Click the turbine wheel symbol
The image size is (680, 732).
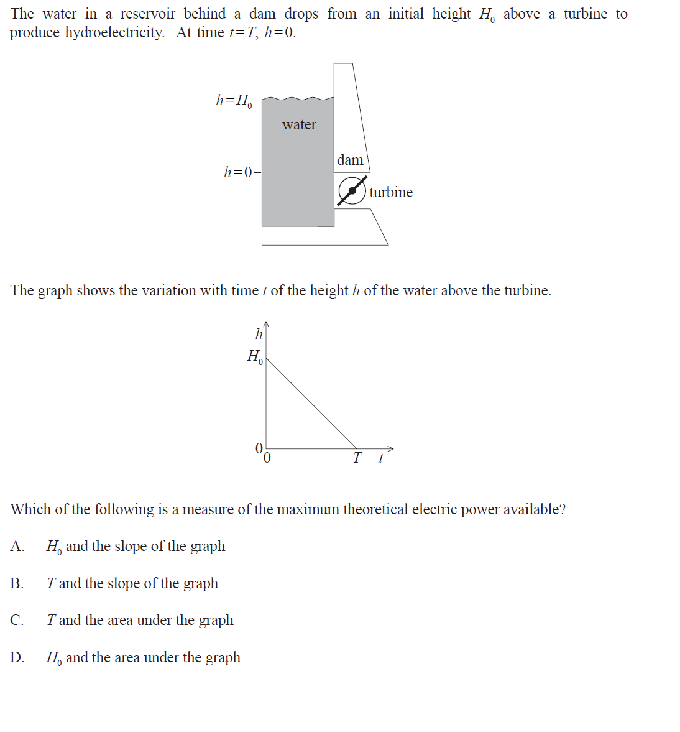click(x=352, y=191)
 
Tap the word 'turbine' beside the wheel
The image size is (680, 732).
click(x=390, y=192)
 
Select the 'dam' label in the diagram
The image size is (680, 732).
click(x=350, y=160)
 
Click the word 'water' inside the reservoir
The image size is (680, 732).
click(x=299, y=125)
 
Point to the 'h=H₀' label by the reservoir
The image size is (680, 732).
click(x=234, y=100)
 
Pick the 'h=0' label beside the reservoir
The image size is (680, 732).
click(x=239, y=172)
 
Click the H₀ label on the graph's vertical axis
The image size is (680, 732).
click(x=255, y=357)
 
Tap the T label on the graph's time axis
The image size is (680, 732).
click(x=357, y=458)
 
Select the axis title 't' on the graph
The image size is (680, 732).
click(x=380, y=458)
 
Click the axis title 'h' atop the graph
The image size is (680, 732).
click(x=259, y=334)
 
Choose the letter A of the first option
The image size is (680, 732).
click(x=17, y=546)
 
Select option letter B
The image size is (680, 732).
click(x=17, y=583)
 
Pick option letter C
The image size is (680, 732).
click(x=17, y=620)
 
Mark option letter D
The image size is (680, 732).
click(x=17, y=657)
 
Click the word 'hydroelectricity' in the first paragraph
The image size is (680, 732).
click(x=114, y=33)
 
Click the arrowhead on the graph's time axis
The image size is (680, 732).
click(x=391, y=448)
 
